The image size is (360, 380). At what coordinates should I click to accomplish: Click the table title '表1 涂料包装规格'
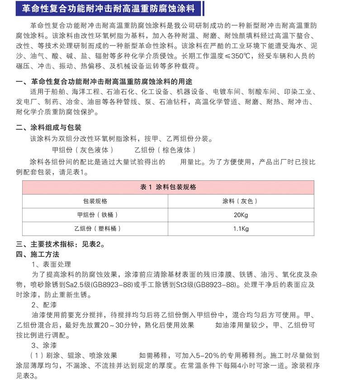click(168, 187)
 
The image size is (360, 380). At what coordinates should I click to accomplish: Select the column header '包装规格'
click(95, 201)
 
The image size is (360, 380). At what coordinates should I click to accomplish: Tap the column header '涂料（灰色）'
click(240, 201)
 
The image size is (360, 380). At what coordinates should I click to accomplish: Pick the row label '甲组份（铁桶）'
click(95, 215)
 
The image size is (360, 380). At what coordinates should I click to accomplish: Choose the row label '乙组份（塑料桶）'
click(95, 229)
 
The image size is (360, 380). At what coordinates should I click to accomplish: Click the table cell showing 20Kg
click(241, 215)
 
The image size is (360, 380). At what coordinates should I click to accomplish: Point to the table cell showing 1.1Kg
click(241, 229)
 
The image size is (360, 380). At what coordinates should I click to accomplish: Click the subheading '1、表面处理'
click(51, 264)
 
